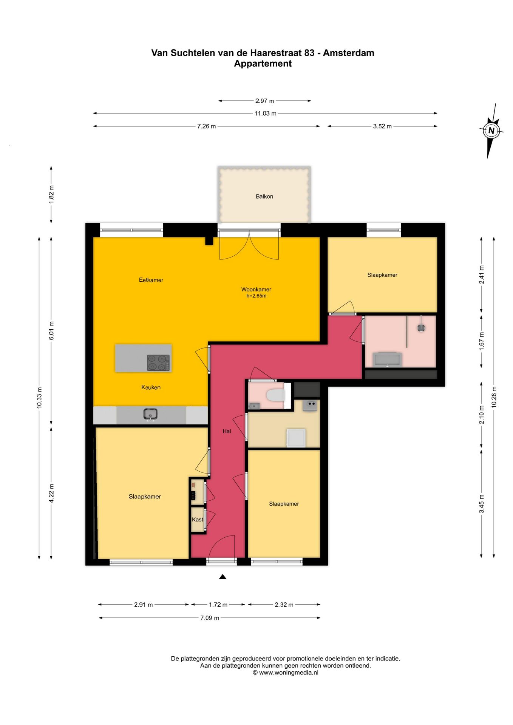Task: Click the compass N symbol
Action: click(x=491, y=131)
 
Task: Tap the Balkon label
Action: click(x=264, y=196)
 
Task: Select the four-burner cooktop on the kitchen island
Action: click(x=159, y=363)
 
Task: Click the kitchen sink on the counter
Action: click(x=150, y=415)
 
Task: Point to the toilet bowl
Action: click(x=275, y=396)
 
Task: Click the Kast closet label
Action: click(x=197, y=520)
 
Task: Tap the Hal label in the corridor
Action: click(x=227, y=431)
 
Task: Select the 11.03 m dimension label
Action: click(x=265, y=113)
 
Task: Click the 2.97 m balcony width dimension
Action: click(x=264, y=101)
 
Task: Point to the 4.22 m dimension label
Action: click(x=51, y=493)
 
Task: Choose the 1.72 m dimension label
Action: click(x=218, y=605)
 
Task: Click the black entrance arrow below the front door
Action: click(x=223, y=577)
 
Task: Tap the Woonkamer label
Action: click(x=256, y=290)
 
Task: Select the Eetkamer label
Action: click(x=151, y=280)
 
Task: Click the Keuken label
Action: click(x=151, y=387)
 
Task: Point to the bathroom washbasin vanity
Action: click(x=387, y=359)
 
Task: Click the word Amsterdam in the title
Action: click(x=349, y=53)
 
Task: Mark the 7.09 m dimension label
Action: click(x=210, y=618)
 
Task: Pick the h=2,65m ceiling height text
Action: click(x=256, y=296)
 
